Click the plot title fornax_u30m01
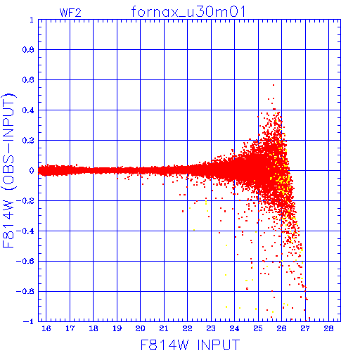click(x=188, y=12)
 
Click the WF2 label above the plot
click(x=70, y=13)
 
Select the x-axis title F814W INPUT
click(x=191, y=345)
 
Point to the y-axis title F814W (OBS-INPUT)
click(x=8, y=170)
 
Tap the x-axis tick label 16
click(x=46, y=328)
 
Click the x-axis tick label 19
click(x=117, y=328)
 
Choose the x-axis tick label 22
click(x=188, y=328)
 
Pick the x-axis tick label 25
click(x=258, y=328)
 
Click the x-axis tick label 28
click(x=328, y=328)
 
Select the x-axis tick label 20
click(x=141, y=328)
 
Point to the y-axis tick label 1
click(x=32, y=20)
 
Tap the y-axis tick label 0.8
click(x=28, y=50)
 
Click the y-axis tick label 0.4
click(x=28, y=110)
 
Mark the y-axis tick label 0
click(x=32, y=170)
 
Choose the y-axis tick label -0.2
click(x=25, y=201)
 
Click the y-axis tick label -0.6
click(x=25, y=261)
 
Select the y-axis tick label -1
click(x=29, y=321)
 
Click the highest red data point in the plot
click(x=274, y=85)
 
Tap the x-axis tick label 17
click(x=70, y=328)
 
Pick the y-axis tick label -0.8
click(x=25, y=291)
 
